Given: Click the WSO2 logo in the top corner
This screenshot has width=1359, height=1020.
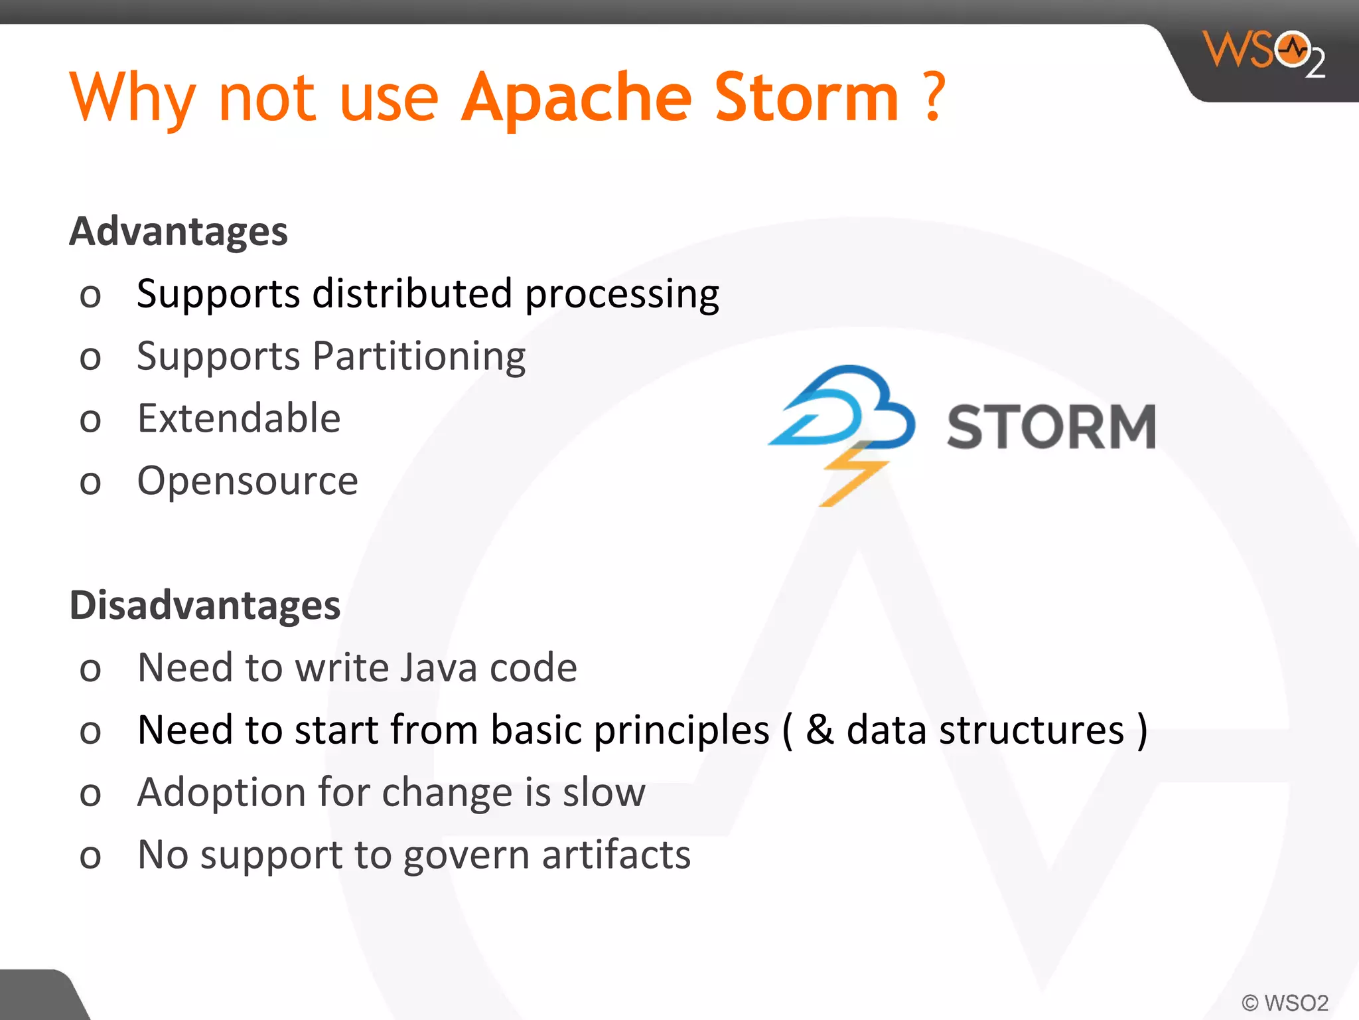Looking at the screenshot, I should coord(1264,53).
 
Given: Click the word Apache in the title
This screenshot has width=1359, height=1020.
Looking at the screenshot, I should coord(577,99).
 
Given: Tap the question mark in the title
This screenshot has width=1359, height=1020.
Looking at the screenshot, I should coord(934,98).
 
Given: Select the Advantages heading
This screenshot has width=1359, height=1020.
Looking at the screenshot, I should coord(179,231).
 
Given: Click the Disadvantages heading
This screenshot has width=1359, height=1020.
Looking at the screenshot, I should coord(205,605).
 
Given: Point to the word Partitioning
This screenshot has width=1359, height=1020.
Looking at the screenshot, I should coord(419,357).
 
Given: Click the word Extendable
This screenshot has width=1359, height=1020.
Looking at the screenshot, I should coord(239,418).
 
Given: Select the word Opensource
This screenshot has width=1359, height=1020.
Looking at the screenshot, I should coord(248,481).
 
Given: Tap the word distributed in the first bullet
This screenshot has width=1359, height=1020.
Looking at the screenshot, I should coord(412,294).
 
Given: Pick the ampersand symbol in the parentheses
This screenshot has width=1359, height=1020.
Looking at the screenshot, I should coord(820,730).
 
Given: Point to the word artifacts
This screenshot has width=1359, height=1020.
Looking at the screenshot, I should coord(616,855).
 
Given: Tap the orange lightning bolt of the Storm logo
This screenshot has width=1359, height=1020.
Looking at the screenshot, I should coord(853,475).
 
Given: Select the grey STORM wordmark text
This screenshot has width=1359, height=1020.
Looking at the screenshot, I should coord(1051,427).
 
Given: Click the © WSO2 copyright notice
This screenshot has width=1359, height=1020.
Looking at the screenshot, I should coord(1285,1002).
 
